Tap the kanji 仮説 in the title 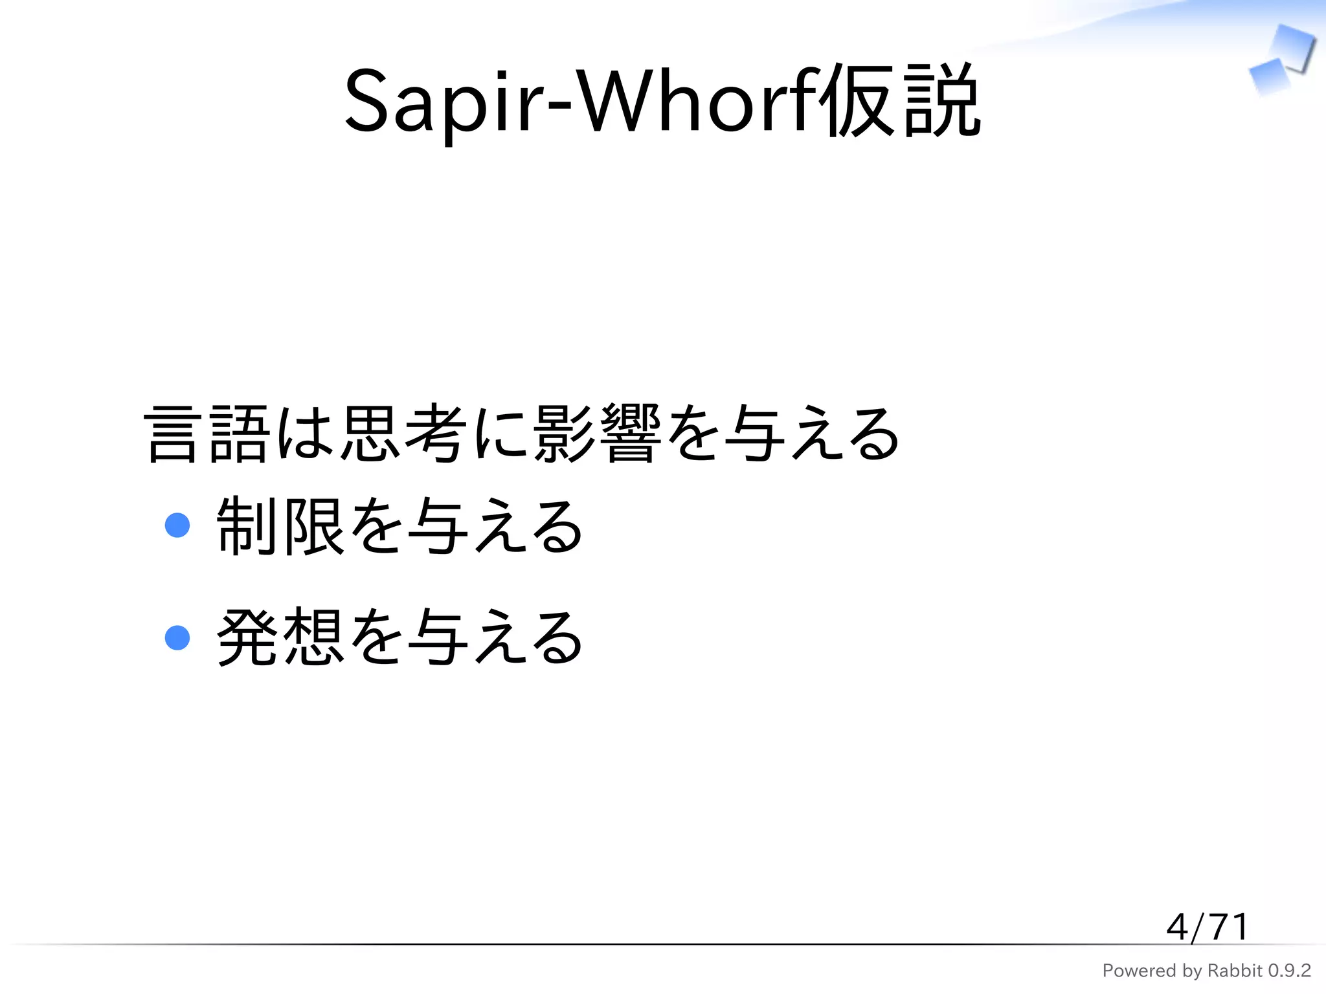(x=900, y=100)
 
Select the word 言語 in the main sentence (x=206, y=434)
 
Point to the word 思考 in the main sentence (x=403, y=434)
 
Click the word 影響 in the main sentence (x=597, y=434)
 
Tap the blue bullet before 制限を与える (x=177, y=525)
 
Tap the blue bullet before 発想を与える (x=177, y=637)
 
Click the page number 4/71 (x=1207, y=927)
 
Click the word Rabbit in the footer (x=1235, y=971)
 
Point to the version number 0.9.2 (x=1289, y=971)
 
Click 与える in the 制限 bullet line (x=496, y=525)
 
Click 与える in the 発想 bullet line (x=496, y=638)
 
